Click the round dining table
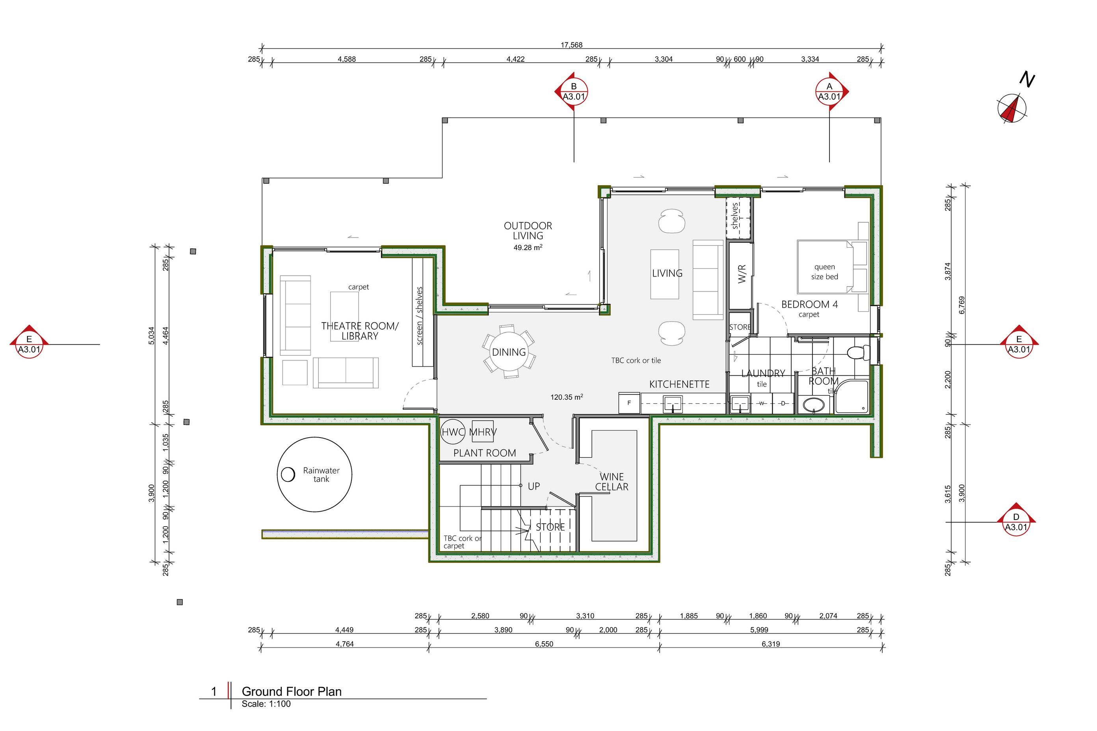[509, 352]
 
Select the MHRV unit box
[482, 432]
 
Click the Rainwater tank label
[322, 475]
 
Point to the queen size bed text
[825, 272]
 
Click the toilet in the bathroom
[858, 352]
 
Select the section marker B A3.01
[573, 91]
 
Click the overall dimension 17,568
[571, 45]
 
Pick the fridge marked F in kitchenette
[629, 403]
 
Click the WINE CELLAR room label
[612, 482]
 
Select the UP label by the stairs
[534, 486]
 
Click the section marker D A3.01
[1016, 519]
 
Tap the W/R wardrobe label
[742, 274]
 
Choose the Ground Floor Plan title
[292, 691]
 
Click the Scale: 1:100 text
[266, 704]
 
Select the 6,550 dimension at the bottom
[544, 644]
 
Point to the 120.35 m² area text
[567, 397]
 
